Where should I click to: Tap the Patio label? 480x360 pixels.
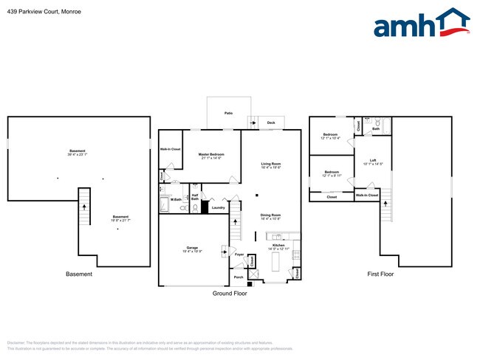click(229, 113)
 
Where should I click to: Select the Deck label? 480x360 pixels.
click(271, 122)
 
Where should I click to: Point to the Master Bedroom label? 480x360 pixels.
click(211, 154)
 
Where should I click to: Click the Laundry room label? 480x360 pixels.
click(218, 208)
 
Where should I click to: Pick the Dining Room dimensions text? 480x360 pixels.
click(271, 219)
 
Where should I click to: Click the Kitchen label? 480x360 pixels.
click(278, 244)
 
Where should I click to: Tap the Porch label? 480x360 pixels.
click(239, 277)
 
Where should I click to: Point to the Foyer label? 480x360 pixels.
click(240, 255)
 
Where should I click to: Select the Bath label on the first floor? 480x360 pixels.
click(375, 129)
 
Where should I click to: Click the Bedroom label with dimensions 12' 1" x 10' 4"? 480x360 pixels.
click(330, 134)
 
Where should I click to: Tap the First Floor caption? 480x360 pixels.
click(381, 274)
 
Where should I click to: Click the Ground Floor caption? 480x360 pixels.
click(230, 293)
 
